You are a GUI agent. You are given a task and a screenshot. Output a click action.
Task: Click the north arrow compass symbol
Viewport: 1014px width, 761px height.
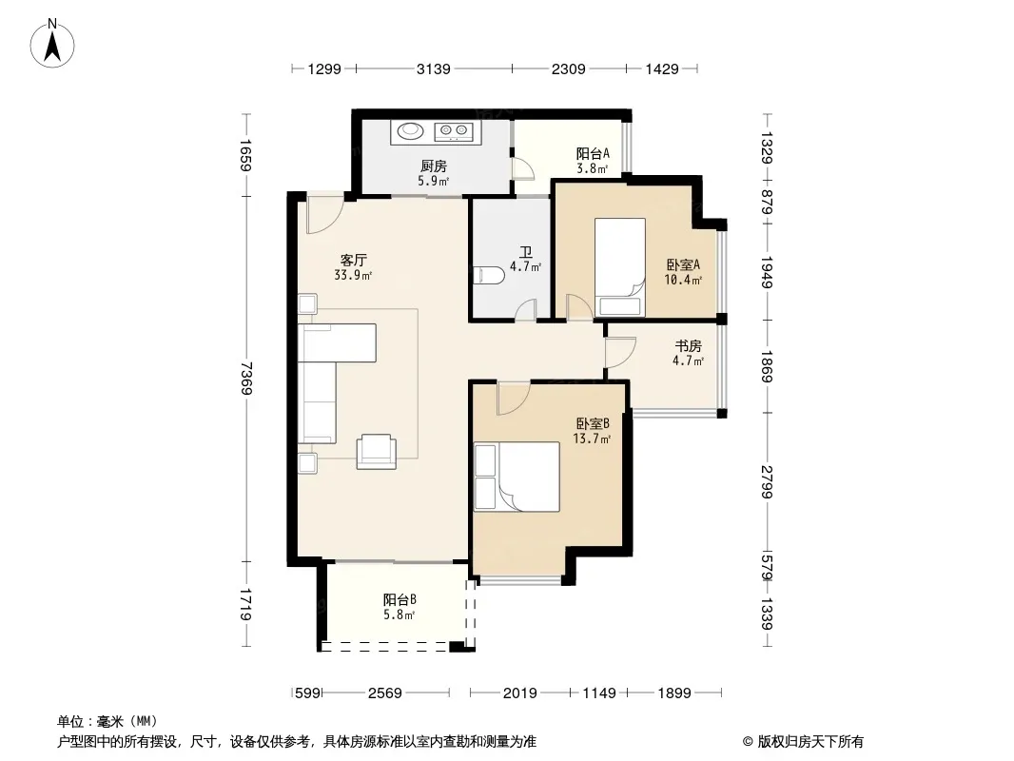[52, 43]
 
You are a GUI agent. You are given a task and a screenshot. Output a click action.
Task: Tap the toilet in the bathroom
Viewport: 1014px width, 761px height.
[489, 276]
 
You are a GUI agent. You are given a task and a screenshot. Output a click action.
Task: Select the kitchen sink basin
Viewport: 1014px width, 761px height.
[410, 131]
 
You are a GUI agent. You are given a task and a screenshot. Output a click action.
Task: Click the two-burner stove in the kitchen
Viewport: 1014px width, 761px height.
[454, 131]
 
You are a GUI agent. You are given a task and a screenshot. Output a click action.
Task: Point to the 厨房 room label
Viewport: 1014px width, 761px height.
[433, 166]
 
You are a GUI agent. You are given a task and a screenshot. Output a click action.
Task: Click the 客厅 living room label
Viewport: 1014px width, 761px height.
[353, 260]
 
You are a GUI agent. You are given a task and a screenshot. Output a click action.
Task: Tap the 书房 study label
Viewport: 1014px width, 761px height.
[688, 346]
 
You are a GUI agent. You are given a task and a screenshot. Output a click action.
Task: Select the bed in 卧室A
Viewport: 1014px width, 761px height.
[620, 266]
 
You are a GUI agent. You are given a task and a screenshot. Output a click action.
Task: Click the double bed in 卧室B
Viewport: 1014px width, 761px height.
[517, 477]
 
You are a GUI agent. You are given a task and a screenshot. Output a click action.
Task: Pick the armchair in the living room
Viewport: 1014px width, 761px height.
[377, 451]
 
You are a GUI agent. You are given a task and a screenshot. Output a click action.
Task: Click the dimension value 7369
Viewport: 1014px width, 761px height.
[246, 379]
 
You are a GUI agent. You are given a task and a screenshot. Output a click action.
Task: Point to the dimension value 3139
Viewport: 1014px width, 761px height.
[433, 68]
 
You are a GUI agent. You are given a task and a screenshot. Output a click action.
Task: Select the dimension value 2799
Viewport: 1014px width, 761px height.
[767, 482]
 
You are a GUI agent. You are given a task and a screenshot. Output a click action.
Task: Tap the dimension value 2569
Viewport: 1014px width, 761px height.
[385, 693]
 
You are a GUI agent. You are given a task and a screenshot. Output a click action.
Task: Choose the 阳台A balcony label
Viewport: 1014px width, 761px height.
[593, 153]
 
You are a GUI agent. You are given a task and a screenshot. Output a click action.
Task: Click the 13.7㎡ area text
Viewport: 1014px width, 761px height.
[592, 439]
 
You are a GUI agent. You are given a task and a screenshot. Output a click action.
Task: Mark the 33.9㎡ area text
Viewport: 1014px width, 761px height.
[353, 276]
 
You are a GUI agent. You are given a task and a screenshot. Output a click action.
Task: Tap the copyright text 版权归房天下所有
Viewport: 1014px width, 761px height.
[810, 742]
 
